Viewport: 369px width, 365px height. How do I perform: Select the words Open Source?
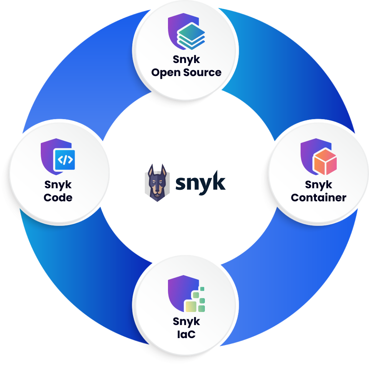186,72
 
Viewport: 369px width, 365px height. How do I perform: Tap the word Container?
318,198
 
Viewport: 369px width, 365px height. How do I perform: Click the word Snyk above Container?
319,185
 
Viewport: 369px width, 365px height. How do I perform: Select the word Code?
58,198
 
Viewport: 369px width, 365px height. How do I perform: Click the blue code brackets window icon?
64,159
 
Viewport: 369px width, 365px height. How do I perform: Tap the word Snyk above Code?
58,185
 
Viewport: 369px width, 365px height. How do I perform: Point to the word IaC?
186,334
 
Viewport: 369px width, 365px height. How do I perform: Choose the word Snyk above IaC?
186,321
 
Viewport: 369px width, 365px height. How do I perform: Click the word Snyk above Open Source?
186,60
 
